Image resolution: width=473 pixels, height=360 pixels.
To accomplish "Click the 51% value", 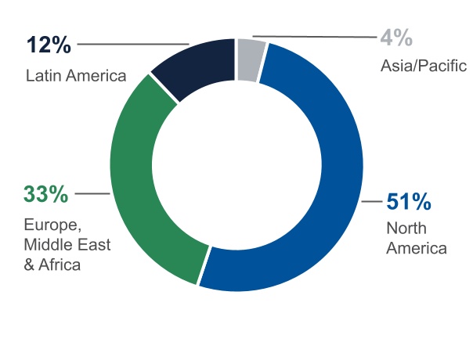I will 409,202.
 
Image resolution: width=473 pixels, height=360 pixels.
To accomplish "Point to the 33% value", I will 47,193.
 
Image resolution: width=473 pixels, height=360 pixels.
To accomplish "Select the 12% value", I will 49,45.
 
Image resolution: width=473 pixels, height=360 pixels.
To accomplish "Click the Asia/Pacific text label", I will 424,66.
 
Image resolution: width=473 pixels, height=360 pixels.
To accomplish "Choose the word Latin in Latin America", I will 43,76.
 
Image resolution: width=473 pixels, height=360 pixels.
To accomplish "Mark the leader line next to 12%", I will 133,43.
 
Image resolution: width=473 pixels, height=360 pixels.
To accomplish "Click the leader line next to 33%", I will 92,193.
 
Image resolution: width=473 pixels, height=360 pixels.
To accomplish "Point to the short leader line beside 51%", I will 372,202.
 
